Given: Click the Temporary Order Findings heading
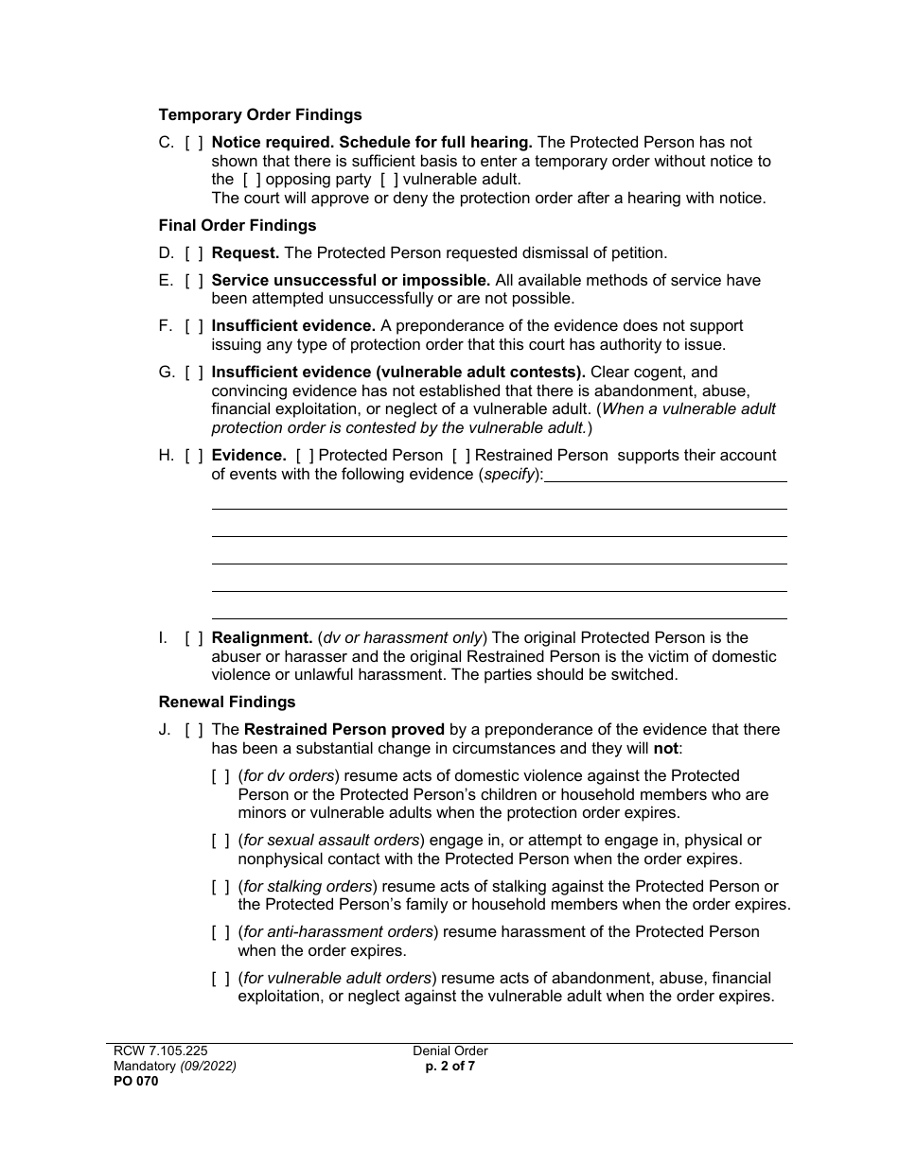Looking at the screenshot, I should [260, 115].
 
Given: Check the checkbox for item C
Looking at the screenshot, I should [194, 143].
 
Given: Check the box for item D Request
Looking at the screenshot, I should [194, 253].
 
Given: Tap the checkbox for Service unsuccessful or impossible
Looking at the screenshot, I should [194, 281].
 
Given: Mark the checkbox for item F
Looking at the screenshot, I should [194, 326].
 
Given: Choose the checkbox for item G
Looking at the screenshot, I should [194, 373].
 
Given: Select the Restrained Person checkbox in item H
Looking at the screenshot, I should [462, 456].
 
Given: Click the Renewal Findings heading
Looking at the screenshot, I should [227, 703].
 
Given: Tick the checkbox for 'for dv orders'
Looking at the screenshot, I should [220, 776].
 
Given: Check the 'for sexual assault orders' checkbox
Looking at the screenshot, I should [220, 841].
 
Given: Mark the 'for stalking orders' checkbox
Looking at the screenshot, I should [220, 887].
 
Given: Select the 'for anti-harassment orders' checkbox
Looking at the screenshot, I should [220, 932].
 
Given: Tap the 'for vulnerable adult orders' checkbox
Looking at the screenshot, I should [220, 979].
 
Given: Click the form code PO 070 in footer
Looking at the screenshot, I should [132, 1082].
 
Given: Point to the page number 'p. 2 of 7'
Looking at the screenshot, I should [450, 1067].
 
